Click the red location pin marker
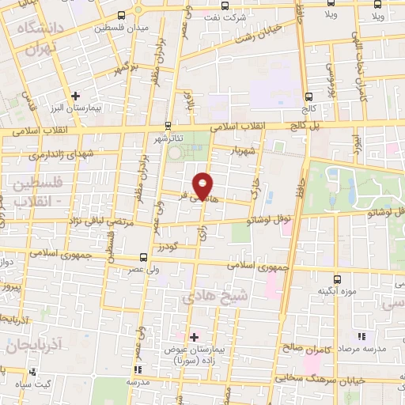203,184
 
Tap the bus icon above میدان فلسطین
121,15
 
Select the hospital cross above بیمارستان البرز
75,95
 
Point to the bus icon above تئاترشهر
167,126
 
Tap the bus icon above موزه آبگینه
338,279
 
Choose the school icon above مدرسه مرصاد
361,335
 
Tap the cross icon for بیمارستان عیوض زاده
194,336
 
